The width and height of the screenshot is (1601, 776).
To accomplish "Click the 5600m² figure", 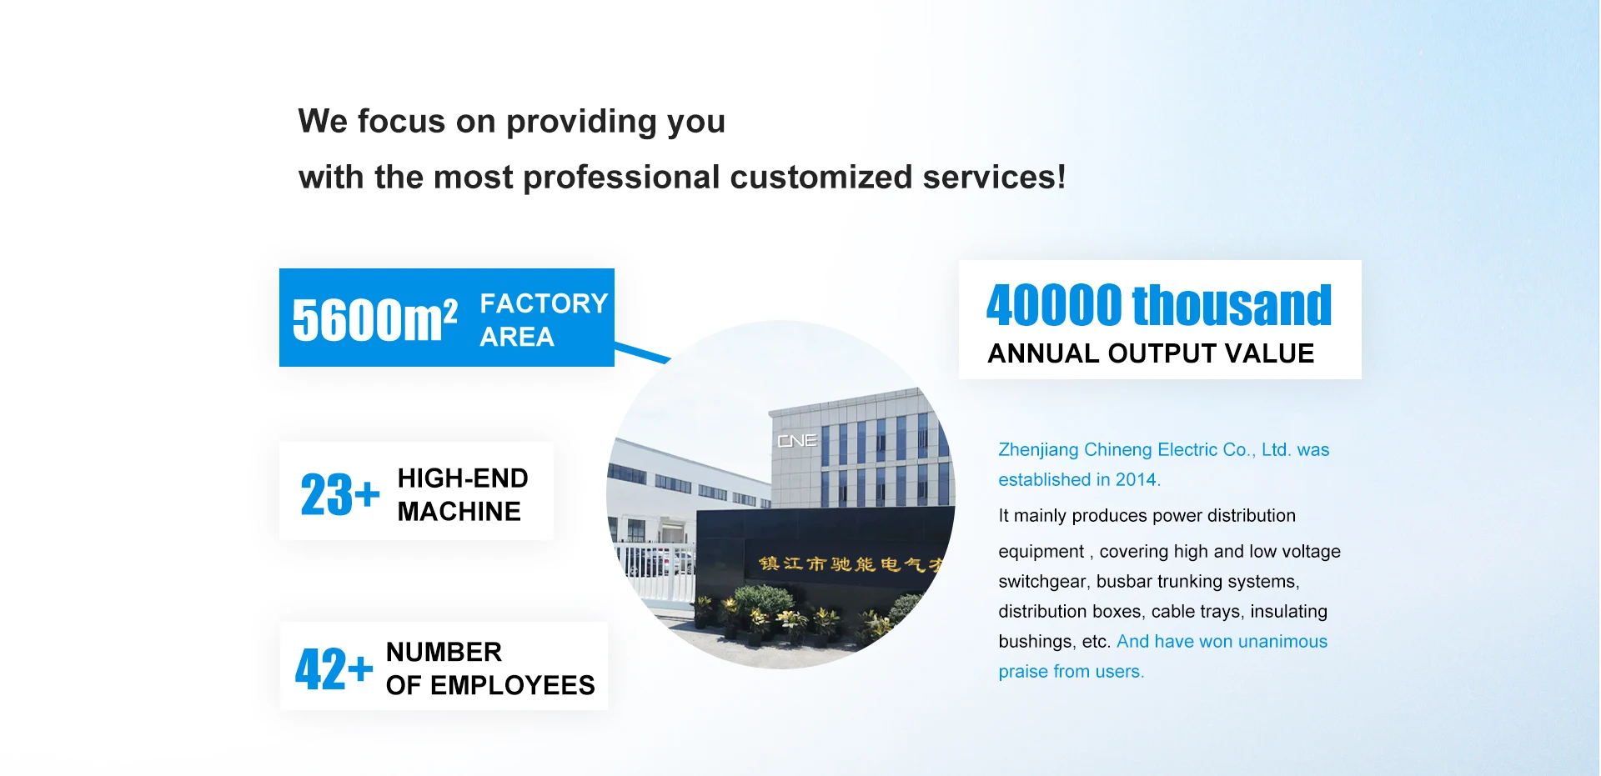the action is pos(374,320).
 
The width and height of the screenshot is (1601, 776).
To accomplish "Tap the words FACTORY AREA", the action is pos(544,320).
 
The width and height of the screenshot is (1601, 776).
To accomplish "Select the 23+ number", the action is pos(340,494).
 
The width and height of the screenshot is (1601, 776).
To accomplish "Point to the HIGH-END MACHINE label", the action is pos(463,494).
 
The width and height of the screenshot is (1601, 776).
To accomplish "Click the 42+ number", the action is pos(334,668).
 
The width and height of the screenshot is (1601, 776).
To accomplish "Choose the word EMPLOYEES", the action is pos(512,685).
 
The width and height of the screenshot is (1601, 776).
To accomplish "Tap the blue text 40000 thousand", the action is pos(1159,305).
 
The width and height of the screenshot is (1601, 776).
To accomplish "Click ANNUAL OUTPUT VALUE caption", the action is pos(1151,353).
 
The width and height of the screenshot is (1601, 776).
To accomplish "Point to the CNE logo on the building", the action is pos(797,440).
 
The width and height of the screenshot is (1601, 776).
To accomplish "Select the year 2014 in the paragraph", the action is pos(1136,479).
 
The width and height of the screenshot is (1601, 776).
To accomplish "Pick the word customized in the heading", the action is pos(821,177).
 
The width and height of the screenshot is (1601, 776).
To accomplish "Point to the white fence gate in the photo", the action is pos(659,573).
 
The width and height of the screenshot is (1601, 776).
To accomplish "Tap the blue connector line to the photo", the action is pos(642,352).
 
